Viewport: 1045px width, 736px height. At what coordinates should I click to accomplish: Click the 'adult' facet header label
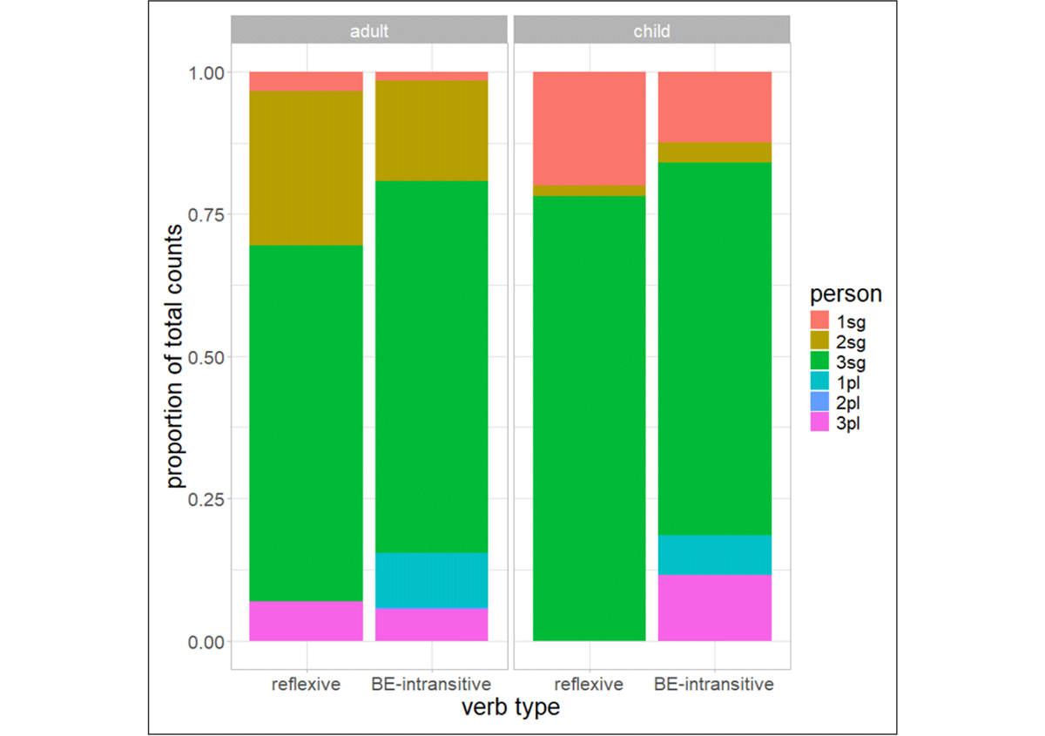[x=369, y=31]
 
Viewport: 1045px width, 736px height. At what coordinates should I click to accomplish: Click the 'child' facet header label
[x=651, y=31]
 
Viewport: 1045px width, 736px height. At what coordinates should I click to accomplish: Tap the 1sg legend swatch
[x=819, y=321]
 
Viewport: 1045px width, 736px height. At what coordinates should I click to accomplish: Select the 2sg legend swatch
[x=819, y=341]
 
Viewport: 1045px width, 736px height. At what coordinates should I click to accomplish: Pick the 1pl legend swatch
[x=819, y=382]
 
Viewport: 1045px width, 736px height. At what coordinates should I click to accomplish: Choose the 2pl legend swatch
[x=819, y=402]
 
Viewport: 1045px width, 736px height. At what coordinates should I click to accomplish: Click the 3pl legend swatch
[x=819, y=422]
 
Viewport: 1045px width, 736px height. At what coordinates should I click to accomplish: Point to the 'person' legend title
[x=846, y=295]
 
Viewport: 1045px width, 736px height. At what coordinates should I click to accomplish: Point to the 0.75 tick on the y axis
[x=206, y=215]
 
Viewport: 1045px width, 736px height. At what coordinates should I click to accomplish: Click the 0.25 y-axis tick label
[x=206, y=500]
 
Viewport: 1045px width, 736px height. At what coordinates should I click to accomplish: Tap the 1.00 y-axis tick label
[x=206, y=73]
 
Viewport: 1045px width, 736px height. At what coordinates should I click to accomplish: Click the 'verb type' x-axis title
[x=511, y=707]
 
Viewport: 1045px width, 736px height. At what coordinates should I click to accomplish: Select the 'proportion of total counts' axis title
[x=174, y=356]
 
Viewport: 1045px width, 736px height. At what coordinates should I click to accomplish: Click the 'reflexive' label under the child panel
[x=589, y=685]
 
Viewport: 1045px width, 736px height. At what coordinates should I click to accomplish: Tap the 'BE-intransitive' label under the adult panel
[x=431, y=685]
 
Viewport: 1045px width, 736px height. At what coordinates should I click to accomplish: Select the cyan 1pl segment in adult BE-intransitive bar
[x=432, y=581]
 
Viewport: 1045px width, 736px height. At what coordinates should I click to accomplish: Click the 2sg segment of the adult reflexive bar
[x=306, y=168]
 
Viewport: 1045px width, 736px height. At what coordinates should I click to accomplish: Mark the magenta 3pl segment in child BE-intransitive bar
[x=715, y=608]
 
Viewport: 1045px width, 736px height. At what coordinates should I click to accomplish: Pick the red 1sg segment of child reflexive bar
[x=590, y=128]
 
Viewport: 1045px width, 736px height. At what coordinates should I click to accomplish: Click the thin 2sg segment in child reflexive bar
[x=590, y=191]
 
